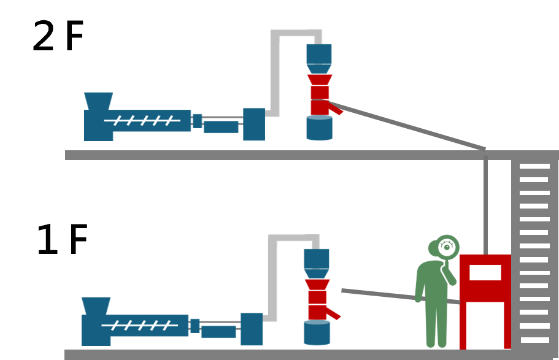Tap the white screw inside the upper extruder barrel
pyautogui.click(x=142, y=121)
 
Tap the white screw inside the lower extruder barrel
pyautogui.click(x=139, y=325)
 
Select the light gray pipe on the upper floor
pyautogui.click(x=275, y=67)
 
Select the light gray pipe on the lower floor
pyautogui.click(x=272, y=273)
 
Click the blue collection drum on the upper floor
pyautogui.click(x=319, y=128)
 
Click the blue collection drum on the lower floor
pyautogui.click(x=317, y=332)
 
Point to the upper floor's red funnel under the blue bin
pyautogui.click(x=320, y=80)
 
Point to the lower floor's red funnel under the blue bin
pyautogui.click(x=317, y=285)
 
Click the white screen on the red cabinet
pyautogui.click(x=485, y=272)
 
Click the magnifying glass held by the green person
pyautogui.click(x=447, y=247)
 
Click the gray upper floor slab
pyautogui.click(x=276, y=155)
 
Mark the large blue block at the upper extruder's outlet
pyautogui.click(x=254, y=124)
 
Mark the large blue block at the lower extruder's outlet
pyautogui.click(x=252, y=329)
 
